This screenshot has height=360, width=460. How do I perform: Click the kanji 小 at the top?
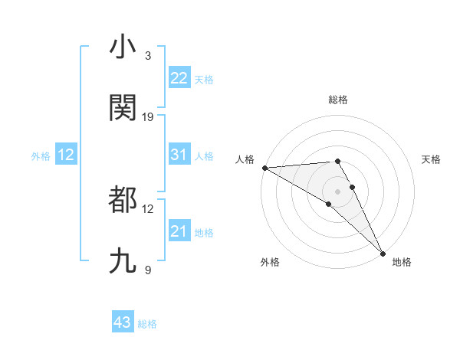click(123, 47)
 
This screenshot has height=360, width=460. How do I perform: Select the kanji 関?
click(123, 108)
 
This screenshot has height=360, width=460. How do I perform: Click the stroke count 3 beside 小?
click(148, 56)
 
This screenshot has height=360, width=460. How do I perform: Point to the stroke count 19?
click(149, 117)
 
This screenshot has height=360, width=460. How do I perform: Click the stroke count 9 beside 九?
click(148, 270)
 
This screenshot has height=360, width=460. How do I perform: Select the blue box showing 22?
click(179, 78)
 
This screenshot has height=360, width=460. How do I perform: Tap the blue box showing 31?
click(179, 155)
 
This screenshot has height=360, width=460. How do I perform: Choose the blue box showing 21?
click(179, 231)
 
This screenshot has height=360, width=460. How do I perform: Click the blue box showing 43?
click(123, 322)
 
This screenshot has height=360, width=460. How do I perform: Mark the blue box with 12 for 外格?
click(66, 155)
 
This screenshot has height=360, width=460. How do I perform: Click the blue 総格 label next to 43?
click(147, 324)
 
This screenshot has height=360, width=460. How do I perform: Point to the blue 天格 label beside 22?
click(203, 80)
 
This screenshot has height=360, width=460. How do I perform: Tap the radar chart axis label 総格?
click(338, 100)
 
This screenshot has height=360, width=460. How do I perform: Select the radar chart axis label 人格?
click(244, 159)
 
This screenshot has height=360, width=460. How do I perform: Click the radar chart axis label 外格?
click(269, 262)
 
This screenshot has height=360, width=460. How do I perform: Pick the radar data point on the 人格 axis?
click(264, 168)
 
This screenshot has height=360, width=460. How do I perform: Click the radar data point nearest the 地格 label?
click(383, 253)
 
